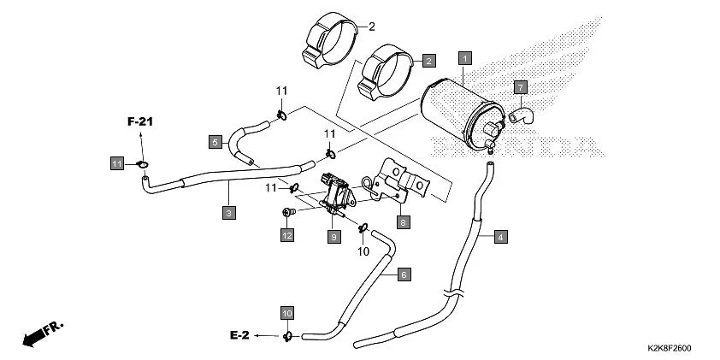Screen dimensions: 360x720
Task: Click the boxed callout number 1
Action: pyautogui.click(x=465, y=58)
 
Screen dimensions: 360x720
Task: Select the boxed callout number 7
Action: pyautogui.click(x=520, y=87)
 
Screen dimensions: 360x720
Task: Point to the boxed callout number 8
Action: pyautogui.click(x=404, y=221)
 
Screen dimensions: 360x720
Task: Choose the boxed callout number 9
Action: pyautogui.click(x=334, y=236)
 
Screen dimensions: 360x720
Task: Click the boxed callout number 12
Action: pyautogui.click(x=287, y=235)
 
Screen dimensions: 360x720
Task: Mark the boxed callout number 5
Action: pyautogui.click(x=215, y=141)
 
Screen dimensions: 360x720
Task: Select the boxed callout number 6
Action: pyautogui.click(x=404, y=274)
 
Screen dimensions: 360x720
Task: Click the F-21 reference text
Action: pyautogui.click(x=140, y=123)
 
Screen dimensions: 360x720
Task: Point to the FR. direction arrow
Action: pyautogui.click(x=43, y=333)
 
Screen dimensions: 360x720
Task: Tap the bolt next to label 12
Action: pyautogui.click(x=288, y=211)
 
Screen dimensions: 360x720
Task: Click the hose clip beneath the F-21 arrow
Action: pyautogui.click(x=143, y=163)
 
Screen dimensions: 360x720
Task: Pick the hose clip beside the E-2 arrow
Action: pyautogui.click(x=288, y=335)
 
